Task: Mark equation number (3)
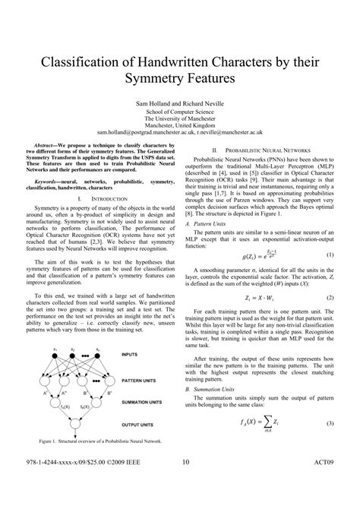click(x=330, y=423)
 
